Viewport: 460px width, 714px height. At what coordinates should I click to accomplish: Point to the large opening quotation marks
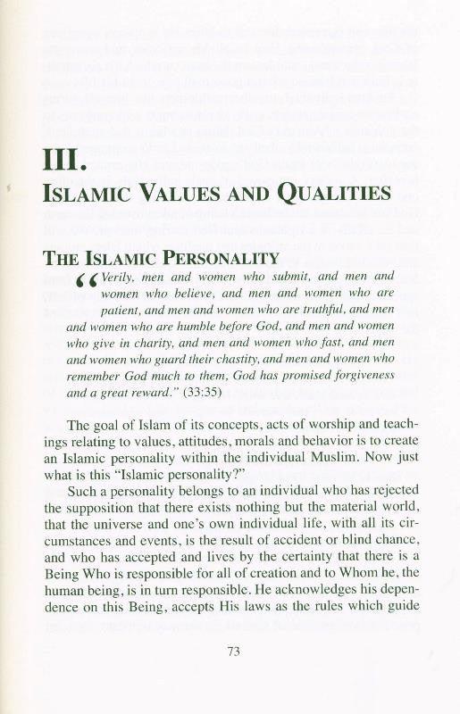tap(86, 282)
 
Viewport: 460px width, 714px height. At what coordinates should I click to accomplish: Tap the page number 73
tap(235, 651)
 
